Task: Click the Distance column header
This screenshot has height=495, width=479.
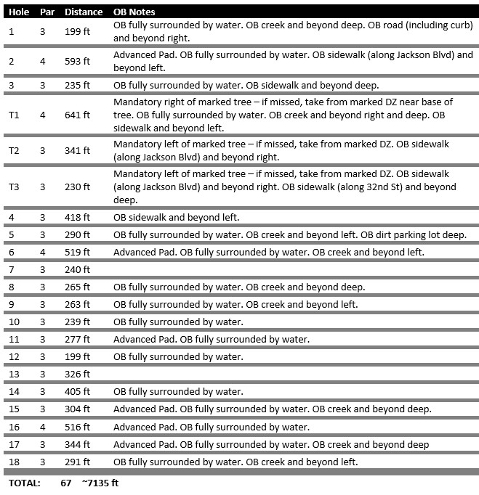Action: coord(84,12)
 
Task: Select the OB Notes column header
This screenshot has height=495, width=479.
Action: coord(134,12)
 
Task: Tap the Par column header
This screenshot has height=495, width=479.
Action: coord(47,12)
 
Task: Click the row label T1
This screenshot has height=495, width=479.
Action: coord(14,115)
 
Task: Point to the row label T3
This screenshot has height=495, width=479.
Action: coord(14,187)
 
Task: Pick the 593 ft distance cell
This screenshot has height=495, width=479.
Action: coord(77,61)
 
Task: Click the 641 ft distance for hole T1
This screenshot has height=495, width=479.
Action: coord(77,115)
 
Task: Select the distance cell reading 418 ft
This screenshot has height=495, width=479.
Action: coord(77,217)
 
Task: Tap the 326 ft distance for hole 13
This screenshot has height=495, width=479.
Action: coord(77,375)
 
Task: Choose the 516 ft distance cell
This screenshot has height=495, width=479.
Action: coord(77,427)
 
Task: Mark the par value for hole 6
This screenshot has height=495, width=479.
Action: coord(42,252)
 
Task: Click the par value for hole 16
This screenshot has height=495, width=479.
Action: coord(42,427)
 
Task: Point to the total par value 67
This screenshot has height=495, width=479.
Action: coord(66,483)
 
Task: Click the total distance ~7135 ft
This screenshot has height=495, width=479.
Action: coord(100,483)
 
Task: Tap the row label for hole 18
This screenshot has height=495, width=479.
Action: coord(14,462)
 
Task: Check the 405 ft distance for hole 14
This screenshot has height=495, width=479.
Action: coord(77,392)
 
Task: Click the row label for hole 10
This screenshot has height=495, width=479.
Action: coord(14,322)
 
